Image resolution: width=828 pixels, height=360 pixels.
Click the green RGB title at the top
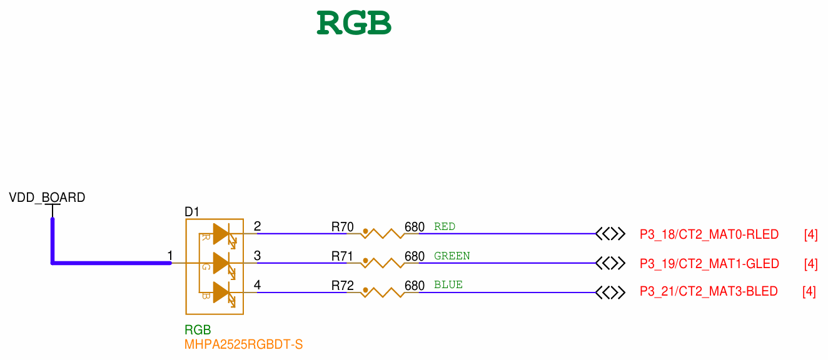pyautogui.click(x=354, y=23)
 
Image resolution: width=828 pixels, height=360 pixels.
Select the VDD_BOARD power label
pyautogui.click(x=47, y=197)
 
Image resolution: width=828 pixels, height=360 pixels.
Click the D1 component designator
pyautogui.click(x=192, y=212)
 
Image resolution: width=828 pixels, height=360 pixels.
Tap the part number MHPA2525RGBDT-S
pyautogui.click(x=243, y=344)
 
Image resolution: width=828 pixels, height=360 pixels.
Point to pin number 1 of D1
pyautogui.click(x=170, y=256)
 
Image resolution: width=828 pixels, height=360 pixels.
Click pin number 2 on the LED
pyautogui.click(x=258, y=226)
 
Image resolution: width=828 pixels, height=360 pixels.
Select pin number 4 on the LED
pyautogui.click(x=258, y=285)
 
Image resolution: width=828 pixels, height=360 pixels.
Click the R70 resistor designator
pyautogui.click(x=343, y=227)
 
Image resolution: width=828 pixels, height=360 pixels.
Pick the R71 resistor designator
pyautogui.click(x=343, y=256)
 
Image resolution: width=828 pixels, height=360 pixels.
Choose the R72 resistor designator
pyautogui.click(x=343, y=286)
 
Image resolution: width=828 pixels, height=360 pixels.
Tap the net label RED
pyautogui.click(x=445, y=226)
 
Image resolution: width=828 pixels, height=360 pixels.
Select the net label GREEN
pyautogui.click(x=452, y=256)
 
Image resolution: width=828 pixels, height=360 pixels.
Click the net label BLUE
pyautogui.click(x=448, y=285)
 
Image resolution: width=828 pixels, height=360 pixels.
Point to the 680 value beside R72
pyautogui.click(x=415, y=286)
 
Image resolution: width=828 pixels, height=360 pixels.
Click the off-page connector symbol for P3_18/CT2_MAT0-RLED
pyautogui.click(x=610, y=234)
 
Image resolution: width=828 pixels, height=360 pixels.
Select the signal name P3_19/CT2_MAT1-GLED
pyautogui.click(x=709, y=264)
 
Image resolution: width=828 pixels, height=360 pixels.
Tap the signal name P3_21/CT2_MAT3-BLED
pyautogui.click(x=709, y=291)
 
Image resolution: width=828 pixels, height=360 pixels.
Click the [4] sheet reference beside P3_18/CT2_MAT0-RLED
pyautogui.click(x=810, y=235)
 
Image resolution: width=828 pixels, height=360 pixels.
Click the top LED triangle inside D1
pyautogui.click(x=221, y=234)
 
